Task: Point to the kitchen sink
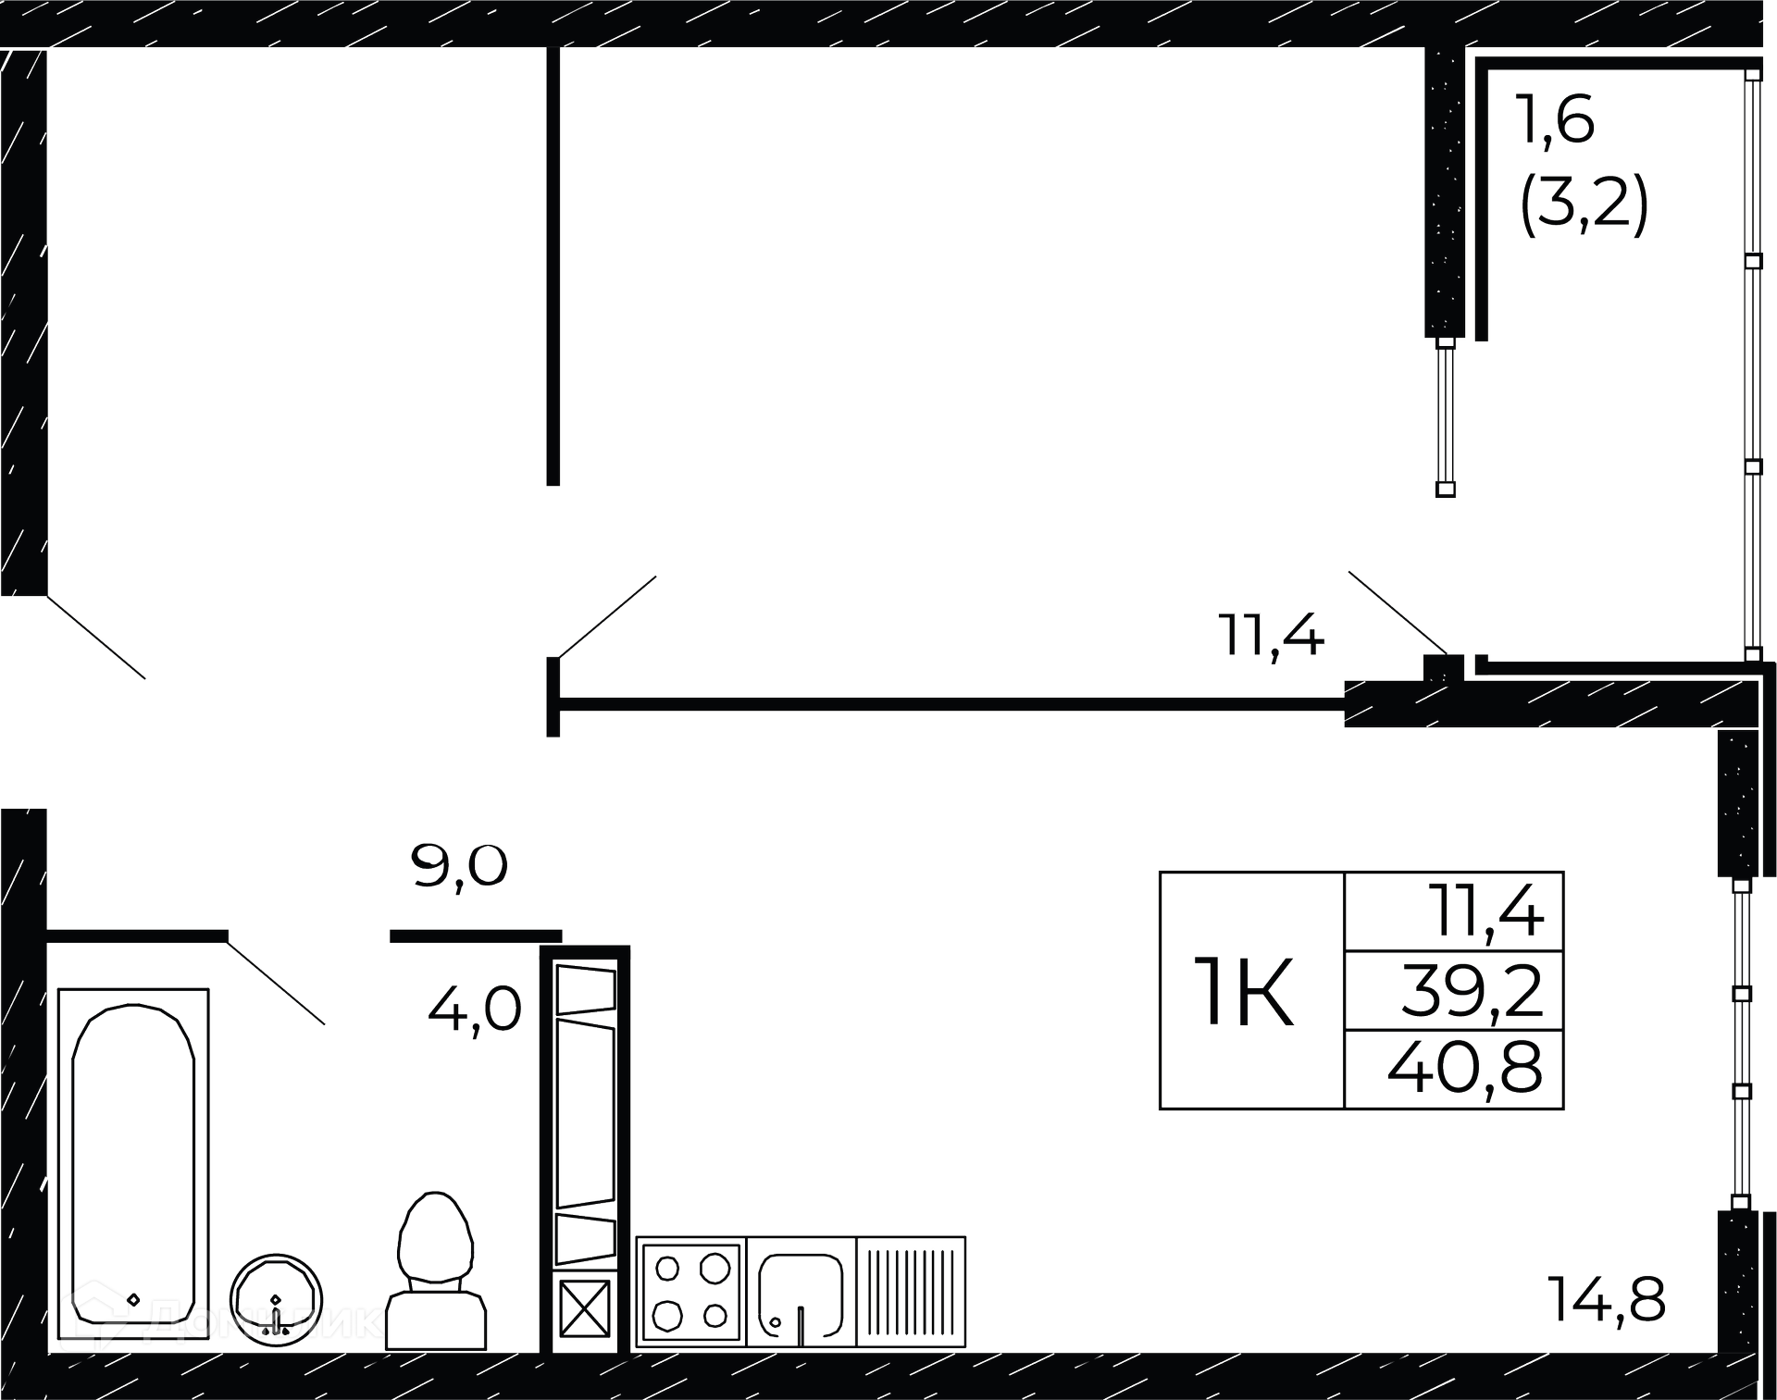tap(801, 1292)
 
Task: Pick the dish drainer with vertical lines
tap(911, 1292)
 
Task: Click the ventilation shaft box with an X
tap(585, 1307)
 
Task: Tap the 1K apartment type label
tap(1245, 993)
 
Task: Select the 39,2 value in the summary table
tap(1471, 991)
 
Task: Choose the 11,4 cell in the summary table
tap(1485, 911)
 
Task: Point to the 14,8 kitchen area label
tap(1606, 1300)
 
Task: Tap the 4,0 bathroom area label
tap(475, 1009)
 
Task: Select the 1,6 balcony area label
tap(1555, 120)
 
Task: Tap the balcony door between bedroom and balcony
tap(1446, 416)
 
